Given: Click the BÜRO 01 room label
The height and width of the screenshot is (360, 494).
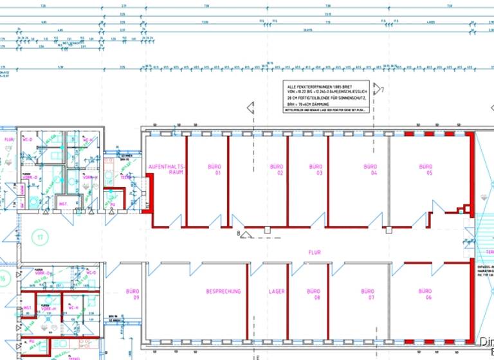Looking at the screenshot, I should [x=214, y=170].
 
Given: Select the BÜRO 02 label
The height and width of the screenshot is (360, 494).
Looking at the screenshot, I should [x=277, y=170].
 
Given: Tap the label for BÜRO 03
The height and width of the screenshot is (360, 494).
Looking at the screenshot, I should [x=315, y=170].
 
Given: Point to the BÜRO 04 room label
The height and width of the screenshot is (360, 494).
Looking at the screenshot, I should [x=370, y=170].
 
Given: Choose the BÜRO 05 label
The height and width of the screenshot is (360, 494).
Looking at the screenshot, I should [x=426, y=170].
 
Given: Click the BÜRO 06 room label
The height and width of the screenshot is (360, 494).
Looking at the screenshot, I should [x=426, y=294].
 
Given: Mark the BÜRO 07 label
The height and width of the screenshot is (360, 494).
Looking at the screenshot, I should [x=370, y=294].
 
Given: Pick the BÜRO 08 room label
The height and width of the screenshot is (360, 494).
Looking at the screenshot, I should [x=313, y=294].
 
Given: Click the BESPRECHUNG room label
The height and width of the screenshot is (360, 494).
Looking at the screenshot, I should [x=223, y=291].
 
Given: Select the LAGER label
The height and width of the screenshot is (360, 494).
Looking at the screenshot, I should [x=277, y=291].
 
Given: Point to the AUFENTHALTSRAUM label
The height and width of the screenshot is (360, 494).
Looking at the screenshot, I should [x=166, y=169].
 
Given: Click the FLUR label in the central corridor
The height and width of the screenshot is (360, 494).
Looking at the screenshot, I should [x=314, y=253].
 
